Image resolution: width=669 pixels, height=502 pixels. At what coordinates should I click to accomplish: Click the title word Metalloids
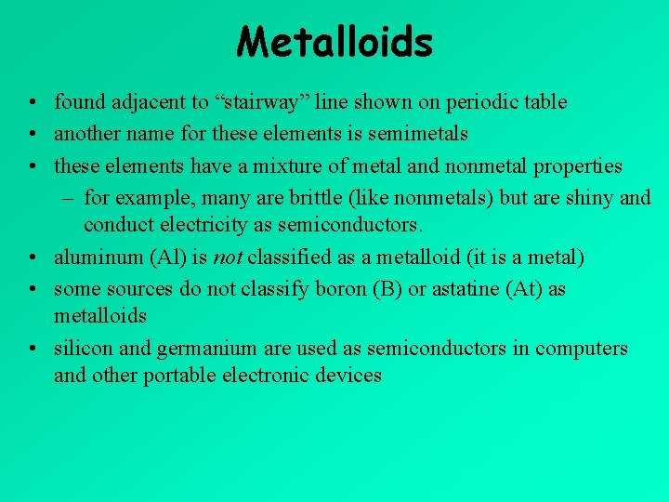pos(334,42)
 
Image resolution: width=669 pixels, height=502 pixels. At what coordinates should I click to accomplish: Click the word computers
pos(581,350)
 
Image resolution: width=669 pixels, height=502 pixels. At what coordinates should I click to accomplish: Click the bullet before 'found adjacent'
pos(32,102)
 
